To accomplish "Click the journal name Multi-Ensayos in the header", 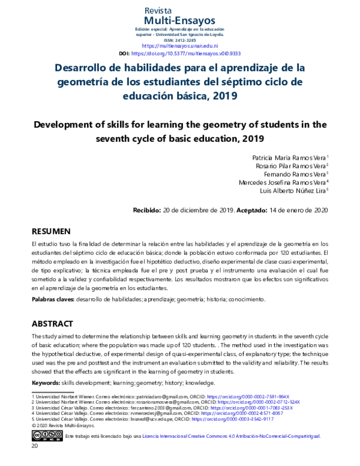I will (179, 22).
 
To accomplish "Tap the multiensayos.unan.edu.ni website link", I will (179, 46).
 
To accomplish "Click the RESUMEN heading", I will (51, 231).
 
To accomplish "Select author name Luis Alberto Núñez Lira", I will (293, 190).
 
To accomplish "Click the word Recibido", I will (146, 210).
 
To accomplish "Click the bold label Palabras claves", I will (53, 298).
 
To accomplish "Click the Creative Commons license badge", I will (47, 436).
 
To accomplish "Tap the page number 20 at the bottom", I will (35, 447).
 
